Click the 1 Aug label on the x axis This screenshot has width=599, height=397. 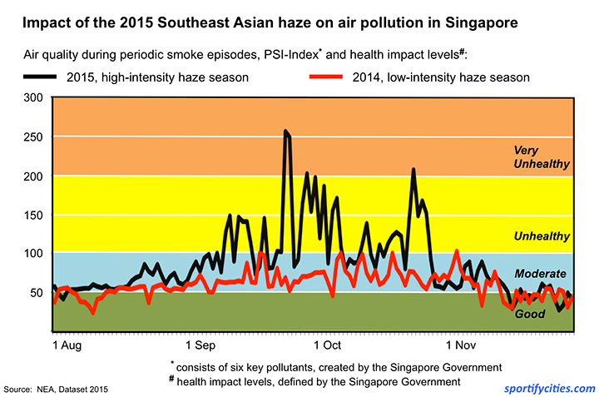tap(67, 344)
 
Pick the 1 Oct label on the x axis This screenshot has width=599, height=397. tap(327, 344)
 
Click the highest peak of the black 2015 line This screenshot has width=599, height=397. tap(285, 132)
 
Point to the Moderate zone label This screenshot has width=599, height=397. tap(541, 273)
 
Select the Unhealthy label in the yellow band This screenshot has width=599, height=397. tap(542, 236)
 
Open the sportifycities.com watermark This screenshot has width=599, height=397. tap(550, 388)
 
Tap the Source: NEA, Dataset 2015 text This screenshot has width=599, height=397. tap(56, 389)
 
